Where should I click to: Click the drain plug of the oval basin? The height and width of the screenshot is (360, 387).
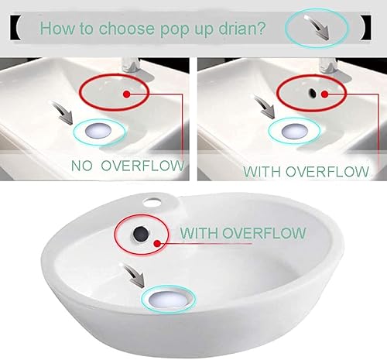click(x=170, y=301)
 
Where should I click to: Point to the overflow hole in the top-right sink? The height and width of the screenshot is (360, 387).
click(x=310, y=91)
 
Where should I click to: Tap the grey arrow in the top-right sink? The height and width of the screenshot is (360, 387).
click(x=272, y=114)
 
